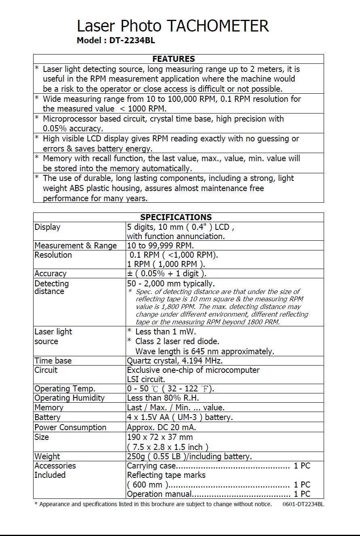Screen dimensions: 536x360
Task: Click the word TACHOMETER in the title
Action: point(218,26)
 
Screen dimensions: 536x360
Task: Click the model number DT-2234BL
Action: point(132,40)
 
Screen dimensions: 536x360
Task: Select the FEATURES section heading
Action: point(173,59)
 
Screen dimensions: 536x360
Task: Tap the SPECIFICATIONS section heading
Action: point(176,217)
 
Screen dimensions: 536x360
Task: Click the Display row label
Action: point(47,227)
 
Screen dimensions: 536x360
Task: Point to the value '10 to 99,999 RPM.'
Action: point(160,246)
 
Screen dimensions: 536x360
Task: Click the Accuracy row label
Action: point(50,273)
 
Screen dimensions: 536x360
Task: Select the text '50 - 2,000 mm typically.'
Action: point(171,284)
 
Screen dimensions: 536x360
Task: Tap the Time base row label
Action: point(53,361)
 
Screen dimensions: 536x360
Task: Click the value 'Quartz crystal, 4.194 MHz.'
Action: point(175,361)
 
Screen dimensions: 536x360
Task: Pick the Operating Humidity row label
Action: point(69,398)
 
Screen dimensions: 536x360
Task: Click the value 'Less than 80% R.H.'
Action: point(163,398)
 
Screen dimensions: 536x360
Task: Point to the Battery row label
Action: point(47,417)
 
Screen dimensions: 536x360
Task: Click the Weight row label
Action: point(47,456)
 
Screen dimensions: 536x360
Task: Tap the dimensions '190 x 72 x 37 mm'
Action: point(160,437)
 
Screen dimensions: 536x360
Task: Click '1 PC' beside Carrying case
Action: point(302,466)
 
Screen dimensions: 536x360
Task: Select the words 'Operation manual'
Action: point(159,494)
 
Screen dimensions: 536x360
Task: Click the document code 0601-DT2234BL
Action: point(303,504)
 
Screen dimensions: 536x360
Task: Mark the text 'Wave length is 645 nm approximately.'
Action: point(204,351)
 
